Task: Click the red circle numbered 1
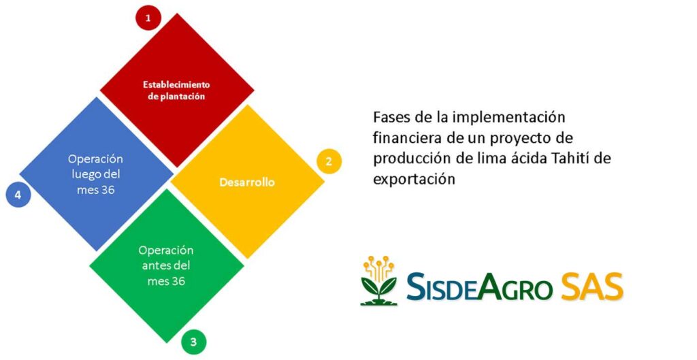(148, 18)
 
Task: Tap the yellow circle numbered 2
(329, 161)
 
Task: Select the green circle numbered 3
(194, 342)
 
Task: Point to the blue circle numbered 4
(18, 195)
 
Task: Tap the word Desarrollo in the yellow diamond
(247, 182)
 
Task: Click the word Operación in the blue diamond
(95, 159)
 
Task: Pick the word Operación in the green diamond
(166, 250)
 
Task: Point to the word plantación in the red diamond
(182, 97)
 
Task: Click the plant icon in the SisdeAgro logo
(378, 281)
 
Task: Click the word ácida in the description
(511, 158)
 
